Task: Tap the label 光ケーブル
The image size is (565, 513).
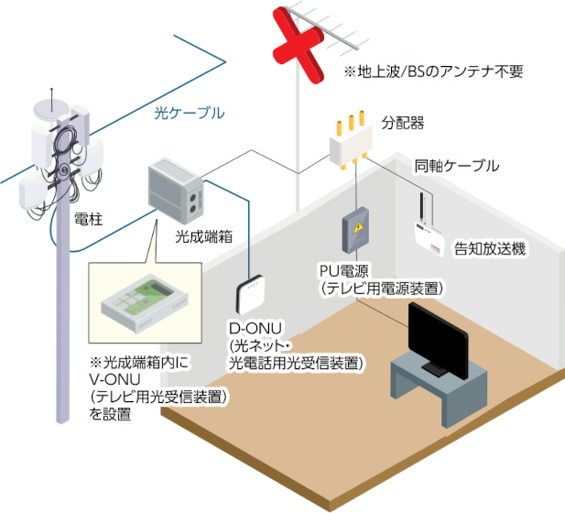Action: (x=189, y=114)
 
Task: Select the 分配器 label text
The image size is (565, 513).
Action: (x=403, y=121)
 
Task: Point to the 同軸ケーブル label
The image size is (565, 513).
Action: (x=456, y=166)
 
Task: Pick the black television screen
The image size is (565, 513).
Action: (x=438, y=336)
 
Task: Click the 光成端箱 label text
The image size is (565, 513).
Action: (x=202, y=235)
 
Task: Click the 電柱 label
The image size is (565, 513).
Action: (x=88, y=218)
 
